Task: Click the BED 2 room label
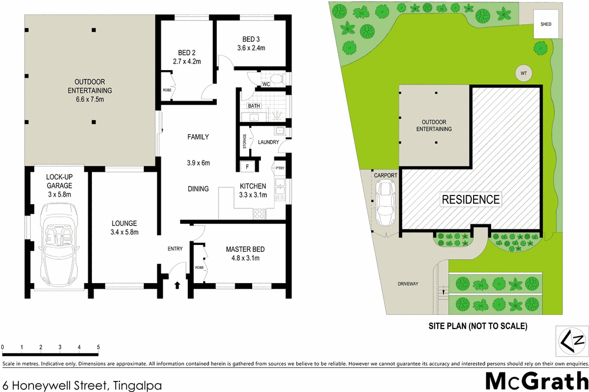point(187,52)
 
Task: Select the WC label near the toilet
point(266,84)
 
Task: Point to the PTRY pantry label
point(279,169)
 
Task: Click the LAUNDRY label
point(268,142)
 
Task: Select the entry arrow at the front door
point(178,285)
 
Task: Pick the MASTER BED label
point(243,249)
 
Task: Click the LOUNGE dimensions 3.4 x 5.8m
point(124,232)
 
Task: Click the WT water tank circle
point(522,73)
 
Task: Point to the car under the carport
point(386,204)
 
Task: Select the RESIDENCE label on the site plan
point(471,200)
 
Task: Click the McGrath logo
point(536,380)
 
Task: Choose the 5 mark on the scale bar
point(98,347)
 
